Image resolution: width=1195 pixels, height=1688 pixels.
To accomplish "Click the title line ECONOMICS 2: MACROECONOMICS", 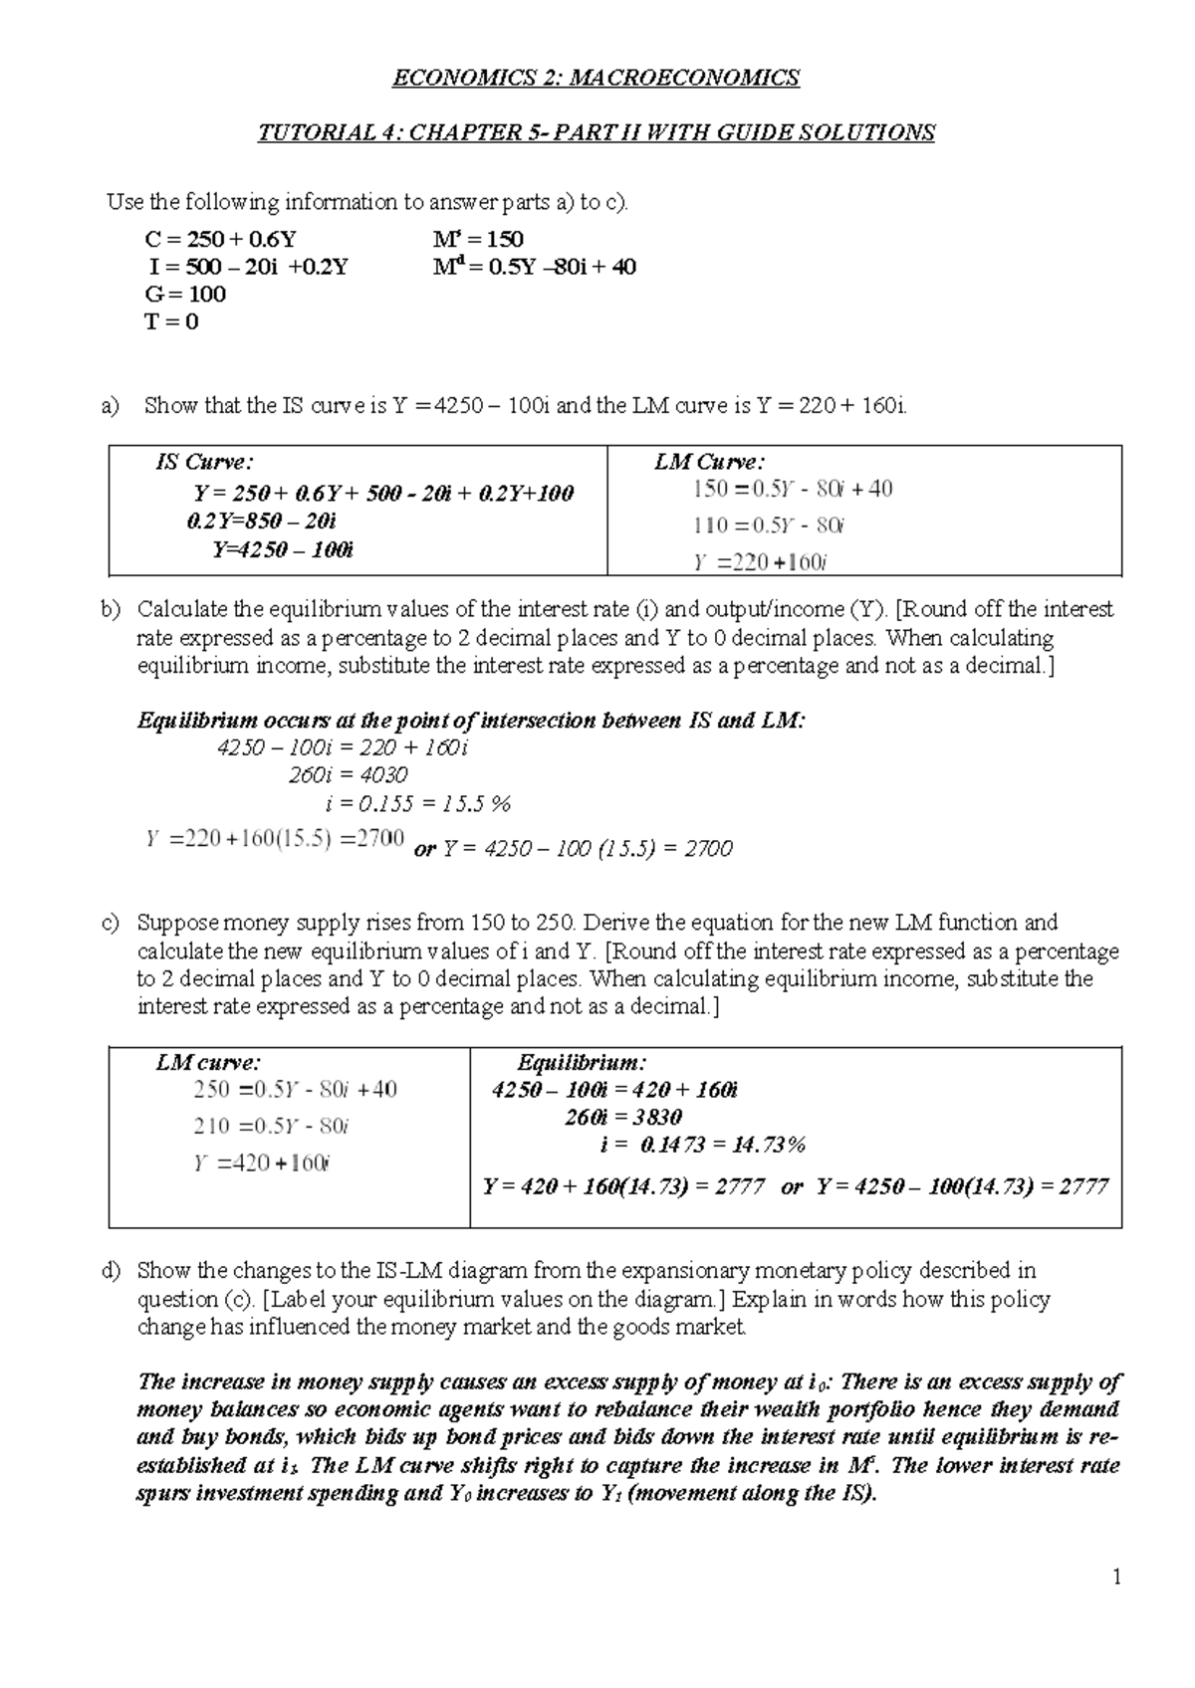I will coord(597,78).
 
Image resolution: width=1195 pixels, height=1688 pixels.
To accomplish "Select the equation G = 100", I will coord(185,294).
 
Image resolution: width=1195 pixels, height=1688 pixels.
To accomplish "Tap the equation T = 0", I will coord(171,321).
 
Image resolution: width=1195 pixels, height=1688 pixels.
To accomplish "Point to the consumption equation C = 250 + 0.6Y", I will coord(221,239).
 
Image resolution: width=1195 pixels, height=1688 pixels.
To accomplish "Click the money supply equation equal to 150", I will coord(478,239).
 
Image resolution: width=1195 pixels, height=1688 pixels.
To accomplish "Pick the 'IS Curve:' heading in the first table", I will coord(204,462).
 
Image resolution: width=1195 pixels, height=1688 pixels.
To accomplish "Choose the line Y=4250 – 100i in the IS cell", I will coord(283,549).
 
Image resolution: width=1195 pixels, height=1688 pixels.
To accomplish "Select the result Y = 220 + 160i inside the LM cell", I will coord(760,562).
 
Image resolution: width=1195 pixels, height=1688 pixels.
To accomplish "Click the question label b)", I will coord(110,609).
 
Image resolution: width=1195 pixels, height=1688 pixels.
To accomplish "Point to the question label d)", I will coord(110,1271).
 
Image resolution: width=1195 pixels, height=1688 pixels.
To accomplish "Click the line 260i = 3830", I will coord(622,1117).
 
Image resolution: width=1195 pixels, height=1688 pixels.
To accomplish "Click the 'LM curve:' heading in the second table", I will coord(208,1063).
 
